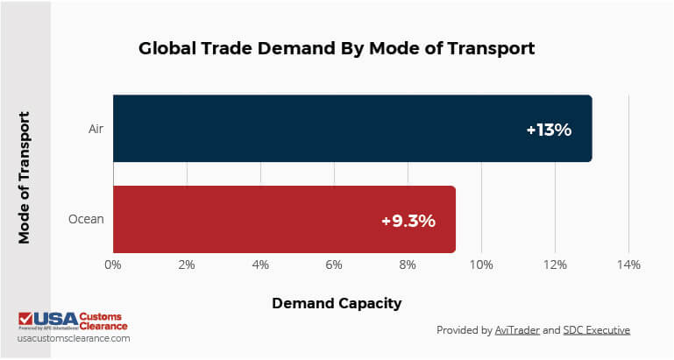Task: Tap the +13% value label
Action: tap(549, 130)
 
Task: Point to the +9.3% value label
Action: tap(408, 221)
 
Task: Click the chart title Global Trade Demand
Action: tap(337, 49)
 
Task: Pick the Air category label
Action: tap(96, 128)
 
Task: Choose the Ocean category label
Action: tap(87, 219)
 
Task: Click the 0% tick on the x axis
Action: tap(112, 264)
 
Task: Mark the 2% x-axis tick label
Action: tap(186, 264)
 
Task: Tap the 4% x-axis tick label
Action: tap(259, 264)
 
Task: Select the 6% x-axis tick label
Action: tap(333, 264)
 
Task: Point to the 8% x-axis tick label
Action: tap(407, 264)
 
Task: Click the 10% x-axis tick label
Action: tap(480, 264)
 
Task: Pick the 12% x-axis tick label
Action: tap(554, 264)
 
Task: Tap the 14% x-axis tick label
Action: tap(628, 264)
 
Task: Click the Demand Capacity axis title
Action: tap(337, 303)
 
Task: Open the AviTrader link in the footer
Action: tap(516, 330)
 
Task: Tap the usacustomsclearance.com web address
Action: tap(74, 337)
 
